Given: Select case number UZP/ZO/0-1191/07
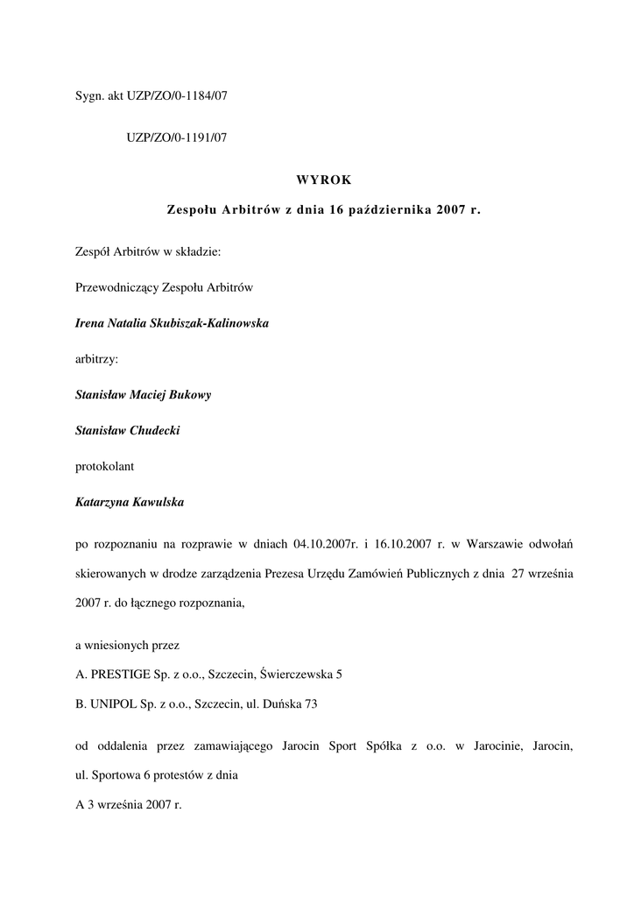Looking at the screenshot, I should pyautogui.click(x=176, y=138).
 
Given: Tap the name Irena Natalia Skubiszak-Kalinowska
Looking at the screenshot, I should pyautogui.click(x=172, y=323).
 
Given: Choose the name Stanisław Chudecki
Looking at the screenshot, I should pyautogui.click(x=128, y=430).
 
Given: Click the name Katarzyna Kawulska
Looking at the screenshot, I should pyautogui.click(x=130, y=502).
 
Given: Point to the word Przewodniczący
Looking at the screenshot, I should pyautogui.click(x=120, y=287).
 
